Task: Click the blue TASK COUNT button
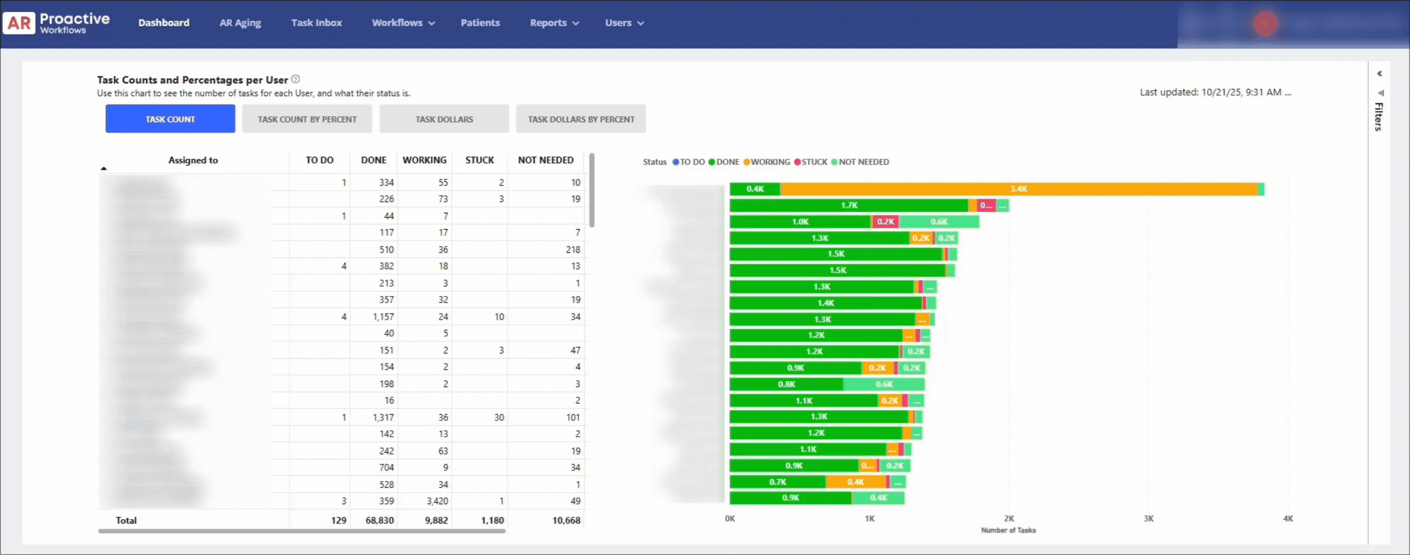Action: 170,119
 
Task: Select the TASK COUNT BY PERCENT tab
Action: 307,119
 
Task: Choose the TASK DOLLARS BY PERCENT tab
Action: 581,119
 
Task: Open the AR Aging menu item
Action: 240,23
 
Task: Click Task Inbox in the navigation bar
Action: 316,23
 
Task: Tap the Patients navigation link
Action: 480,23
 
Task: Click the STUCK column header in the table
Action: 480,160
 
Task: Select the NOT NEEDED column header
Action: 545,160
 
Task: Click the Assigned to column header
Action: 192,160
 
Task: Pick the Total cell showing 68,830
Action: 379,521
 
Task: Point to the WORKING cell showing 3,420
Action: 437,501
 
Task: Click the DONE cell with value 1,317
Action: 383,417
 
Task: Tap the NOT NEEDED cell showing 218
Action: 573,249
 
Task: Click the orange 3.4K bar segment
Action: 1018,189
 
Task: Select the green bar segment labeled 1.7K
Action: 849,206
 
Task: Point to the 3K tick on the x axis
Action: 1149,519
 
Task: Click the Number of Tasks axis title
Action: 1008,530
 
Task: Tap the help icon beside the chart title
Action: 295,79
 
